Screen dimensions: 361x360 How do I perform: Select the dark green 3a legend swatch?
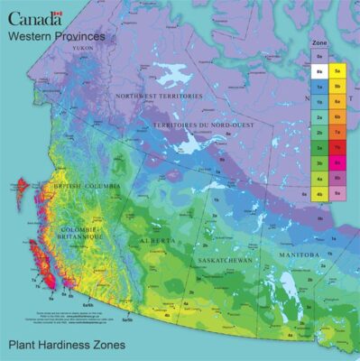click(x=319, y=146)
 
